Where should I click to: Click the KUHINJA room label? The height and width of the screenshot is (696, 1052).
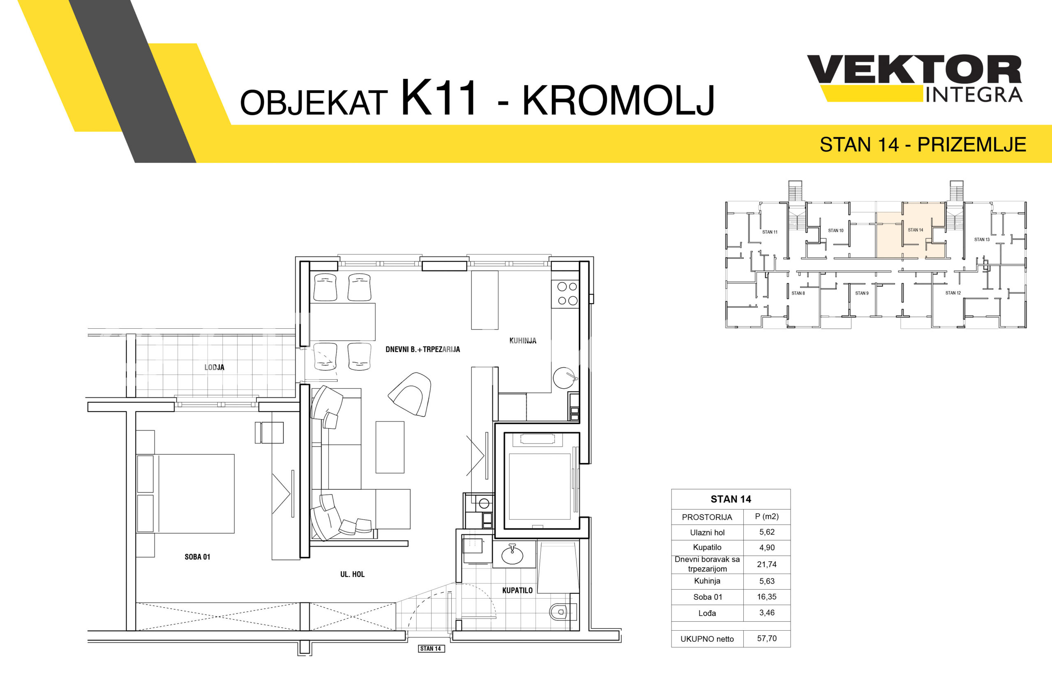(522, 341)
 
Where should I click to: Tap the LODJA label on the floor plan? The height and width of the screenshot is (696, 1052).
(215, 367)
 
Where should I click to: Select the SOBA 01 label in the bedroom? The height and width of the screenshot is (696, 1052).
(197, 557)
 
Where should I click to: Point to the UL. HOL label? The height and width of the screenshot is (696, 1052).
(353, 574)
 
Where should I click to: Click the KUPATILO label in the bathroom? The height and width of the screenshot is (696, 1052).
(517, 590)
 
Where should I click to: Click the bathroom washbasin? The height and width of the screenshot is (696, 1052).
(512, 554)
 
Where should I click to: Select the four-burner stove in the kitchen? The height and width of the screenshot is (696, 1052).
(565, 294)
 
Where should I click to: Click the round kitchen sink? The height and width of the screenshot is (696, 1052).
(565, 378)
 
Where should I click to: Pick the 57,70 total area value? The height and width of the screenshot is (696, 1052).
(766, 638)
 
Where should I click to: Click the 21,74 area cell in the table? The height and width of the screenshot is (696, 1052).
(766, 564)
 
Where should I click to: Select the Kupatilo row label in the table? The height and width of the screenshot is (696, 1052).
(707, 547)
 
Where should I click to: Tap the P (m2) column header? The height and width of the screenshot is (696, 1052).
(766, 516)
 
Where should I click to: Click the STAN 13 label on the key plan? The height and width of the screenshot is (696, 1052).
(982, 239)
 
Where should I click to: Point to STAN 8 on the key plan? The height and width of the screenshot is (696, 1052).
(798, 293)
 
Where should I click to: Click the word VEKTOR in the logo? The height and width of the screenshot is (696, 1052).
(914, 69)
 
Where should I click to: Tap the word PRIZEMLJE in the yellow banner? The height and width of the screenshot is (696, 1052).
(971, 145)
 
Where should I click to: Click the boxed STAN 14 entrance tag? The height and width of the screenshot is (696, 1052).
(431, 648)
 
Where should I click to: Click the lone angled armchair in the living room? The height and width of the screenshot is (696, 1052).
(410, 394)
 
